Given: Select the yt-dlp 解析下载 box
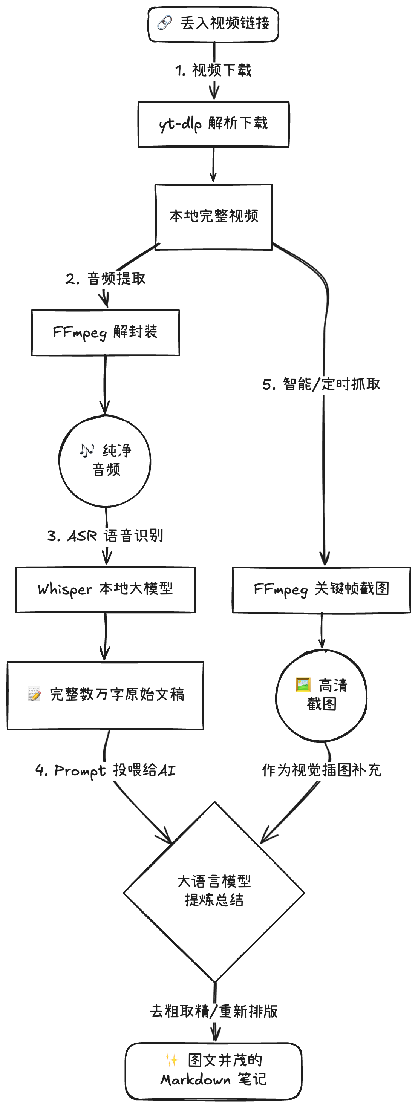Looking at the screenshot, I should point(213,124).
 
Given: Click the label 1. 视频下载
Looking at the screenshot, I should point(213,70).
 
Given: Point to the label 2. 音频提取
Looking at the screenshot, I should point(106,279).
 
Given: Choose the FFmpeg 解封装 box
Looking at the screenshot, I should point(105,332).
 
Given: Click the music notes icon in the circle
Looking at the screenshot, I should point(87,450).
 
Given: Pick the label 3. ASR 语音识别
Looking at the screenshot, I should point(105,536).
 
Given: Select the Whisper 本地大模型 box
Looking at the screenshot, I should point(105,589).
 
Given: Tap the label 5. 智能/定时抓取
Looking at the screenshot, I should point(322,384).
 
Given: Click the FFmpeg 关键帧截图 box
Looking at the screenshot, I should point(322,589).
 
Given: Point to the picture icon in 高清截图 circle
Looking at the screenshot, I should point(303,684).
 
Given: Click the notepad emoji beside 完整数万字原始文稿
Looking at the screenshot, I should point(34,694).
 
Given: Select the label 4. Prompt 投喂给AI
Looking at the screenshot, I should point(105,770).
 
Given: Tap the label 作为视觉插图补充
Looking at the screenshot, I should point(322,770).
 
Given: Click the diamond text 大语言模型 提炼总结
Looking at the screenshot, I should point(214,891).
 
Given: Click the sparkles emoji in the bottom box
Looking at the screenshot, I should point(172,1060).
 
